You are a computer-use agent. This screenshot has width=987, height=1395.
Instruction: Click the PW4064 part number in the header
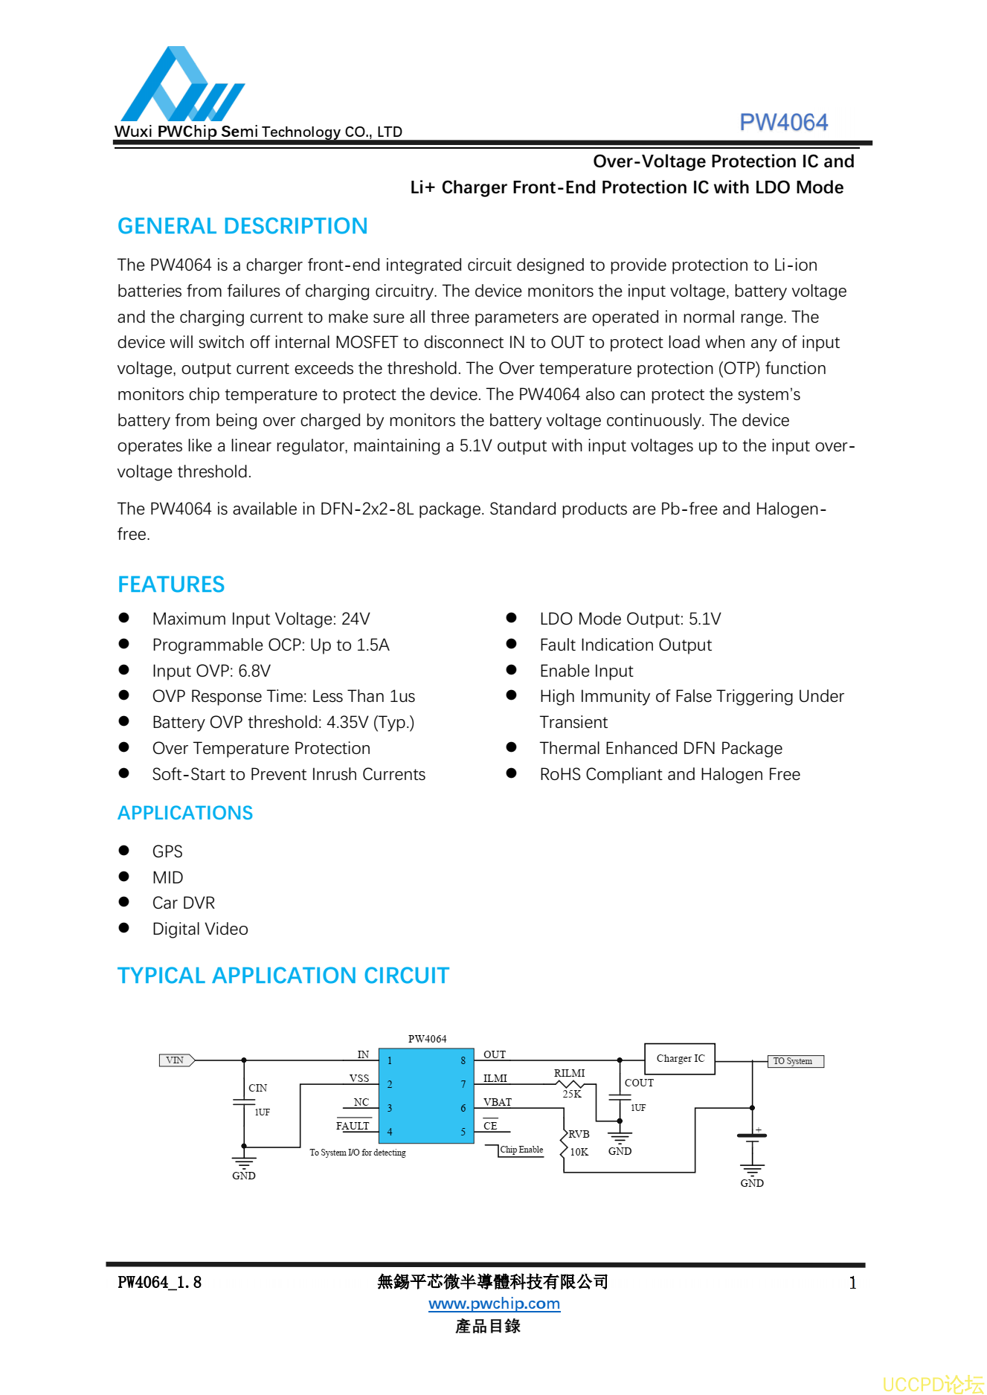pos(783,122)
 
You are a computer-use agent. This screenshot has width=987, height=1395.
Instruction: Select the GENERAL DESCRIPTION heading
pos(242,226)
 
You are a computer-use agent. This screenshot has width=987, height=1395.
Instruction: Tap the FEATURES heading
pos(171,584)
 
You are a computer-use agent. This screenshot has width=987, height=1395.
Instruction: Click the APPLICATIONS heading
pos(185,813)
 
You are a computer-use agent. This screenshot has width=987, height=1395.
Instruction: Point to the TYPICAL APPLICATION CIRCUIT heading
pos(283,976)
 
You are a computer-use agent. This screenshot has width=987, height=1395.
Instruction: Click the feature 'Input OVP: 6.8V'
pos(211,671)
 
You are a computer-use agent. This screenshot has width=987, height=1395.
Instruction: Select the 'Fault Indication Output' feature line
pos(626,645)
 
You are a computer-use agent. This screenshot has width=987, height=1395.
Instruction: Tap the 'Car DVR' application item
pos(184,903)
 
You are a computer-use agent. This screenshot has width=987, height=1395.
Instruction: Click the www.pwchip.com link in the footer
pos(494,1304)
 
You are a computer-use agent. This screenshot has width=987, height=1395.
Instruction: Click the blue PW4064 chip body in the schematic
pos(426,1095)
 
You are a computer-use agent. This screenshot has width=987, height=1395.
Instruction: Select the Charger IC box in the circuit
pos(680,1058)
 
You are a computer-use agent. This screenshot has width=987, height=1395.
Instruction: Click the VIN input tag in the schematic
pos(176,1060)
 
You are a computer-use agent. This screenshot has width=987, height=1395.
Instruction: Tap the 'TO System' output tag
pos(794,1061)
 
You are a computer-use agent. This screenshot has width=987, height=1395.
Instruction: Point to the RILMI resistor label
pos(569,1073)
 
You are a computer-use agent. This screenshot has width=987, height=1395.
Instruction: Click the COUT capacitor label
pos(639,1083)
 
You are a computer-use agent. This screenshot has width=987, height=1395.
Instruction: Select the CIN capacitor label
pos(257,1088)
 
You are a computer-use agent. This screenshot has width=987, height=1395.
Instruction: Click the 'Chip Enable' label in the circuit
pos(521,1150)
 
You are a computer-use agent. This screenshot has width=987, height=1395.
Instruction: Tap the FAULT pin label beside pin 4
pos(353,1126)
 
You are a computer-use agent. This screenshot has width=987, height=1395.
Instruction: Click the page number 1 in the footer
pos(852,1283)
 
